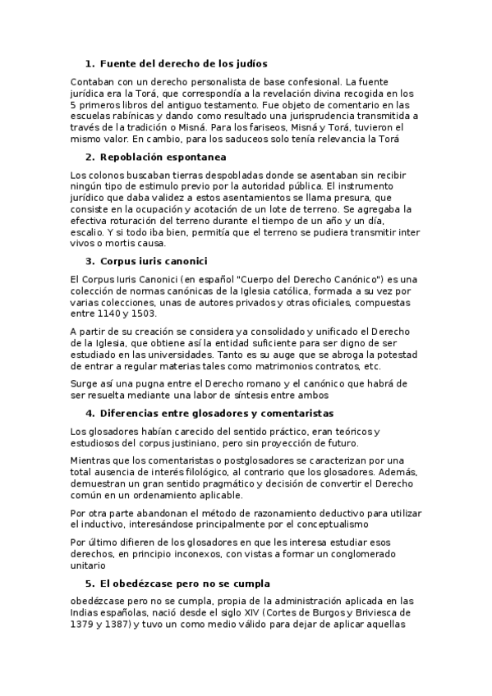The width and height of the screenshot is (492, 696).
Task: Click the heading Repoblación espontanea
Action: [x=163, y=157]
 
